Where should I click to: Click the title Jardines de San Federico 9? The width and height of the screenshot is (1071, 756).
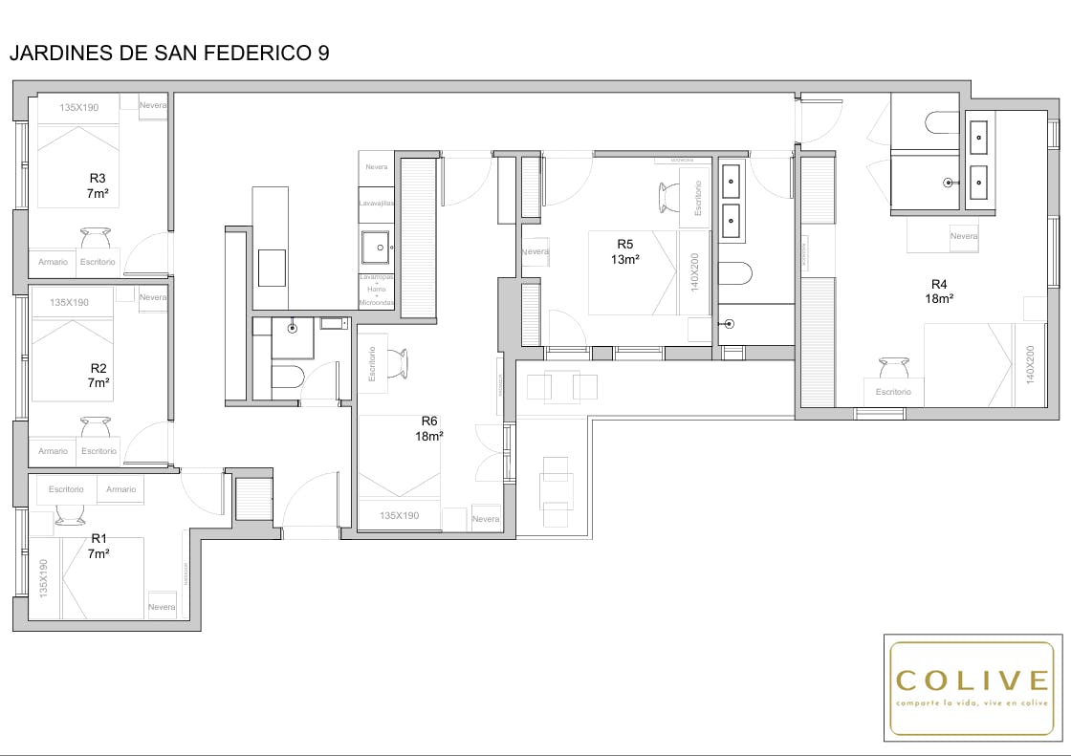pos(169,54)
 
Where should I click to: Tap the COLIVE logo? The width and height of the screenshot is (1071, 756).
pos(972,687)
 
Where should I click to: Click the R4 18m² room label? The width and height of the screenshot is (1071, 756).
pos(939,291)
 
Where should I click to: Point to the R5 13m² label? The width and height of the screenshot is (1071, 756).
pos(625,251)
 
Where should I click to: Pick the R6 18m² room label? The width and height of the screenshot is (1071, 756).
pos(429,427)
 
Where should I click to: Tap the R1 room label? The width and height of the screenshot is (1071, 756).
pos(98,546)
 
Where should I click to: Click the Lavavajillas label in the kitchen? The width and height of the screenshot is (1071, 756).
pos(377,204)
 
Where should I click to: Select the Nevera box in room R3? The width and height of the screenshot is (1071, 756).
pos(153,106)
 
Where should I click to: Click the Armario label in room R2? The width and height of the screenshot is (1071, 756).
pos(54,451)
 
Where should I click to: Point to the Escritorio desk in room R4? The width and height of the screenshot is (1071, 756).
pos(893,392)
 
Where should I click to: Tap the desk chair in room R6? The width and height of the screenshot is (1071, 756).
pos(398,362)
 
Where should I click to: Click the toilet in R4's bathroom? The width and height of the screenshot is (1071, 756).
pos(941,121)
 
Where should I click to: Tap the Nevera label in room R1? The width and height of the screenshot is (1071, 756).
pos(162,607)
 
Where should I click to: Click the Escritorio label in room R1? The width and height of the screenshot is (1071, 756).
pos(66,489)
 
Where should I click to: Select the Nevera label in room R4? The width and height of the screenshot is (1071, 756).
pos(964,236)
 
